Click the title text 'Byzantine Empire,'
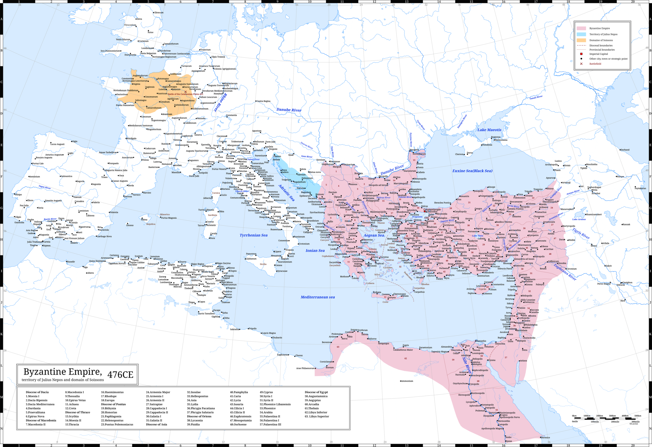coord(63,372)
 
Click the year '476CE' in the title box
coord(120,375)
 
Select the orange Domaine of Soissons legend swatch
coord(581,40)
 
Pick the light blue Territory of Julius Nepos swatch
coord(581,34)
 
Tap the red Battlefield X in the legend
coord(581,64)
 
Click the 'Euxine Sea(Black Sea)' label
coord(472,171)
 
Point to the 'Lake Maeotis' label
coord(489,130)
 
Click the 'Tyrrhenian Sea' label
coord(253,235)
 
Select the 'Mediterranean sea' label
coord(317,297)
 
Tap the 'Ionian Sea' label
coord(315,250)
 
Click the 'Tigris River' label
coord(581,234)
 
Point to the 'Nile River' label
coord(467,365)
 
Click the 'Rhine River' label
coord(220,102)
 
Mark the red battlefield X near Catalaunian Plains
coord(186,92)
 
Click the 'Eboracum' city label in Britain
coord(159,13)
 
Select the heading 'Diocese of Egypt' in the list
coord(316,392)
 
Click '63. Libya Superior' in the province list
coord(317,416)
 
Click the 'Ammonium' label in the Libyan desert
coord(407,381)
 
